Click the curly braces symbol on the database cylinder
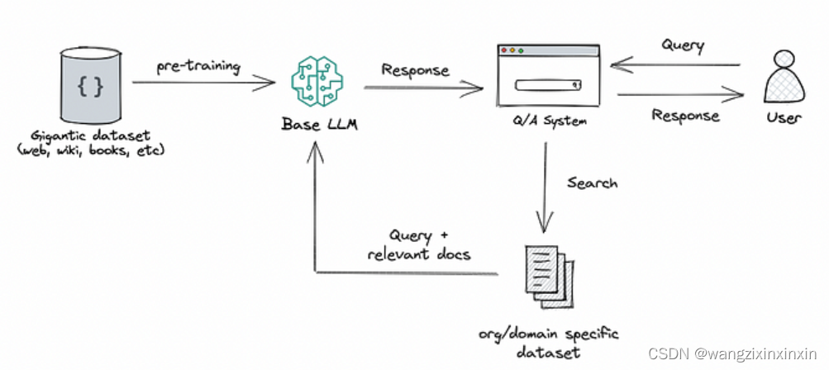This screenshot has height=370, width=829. click(x=90, y=88)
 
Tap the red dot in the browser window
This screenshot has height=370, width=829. click(x=504, y=50)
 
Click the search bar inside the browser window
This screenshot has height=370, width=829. click(x=546, y=84)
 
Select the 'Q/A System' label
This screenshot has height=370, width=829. click(x=546, y=121)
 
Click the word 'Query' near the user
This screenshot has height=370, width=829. click(x=683, y=46)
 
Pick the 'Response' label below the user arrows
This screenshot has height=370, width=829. click(x=685, y=115)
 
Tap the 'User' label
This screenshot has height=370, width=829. click(x=784, y=117)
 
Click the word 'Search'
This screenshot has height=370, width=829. click(x=592, y=183)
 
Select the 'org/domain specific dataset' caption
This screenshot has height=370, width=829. click(x=548, y=343)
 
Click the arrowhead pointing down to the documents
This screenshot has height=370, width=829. click(x=545, y=226)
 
